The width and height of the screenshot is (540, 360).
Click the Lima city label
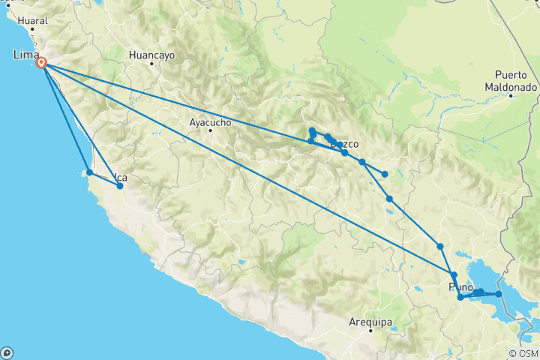pos(25,54)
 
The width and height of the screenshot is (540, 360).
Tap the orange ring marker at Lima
pos(43,64)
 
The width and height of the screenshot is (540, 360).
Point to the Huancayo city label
pos(151,55)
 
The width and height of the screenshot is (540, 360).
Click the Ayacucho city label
pos(209,121)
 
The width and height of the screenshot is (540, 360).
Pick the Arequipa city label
pos(370,322)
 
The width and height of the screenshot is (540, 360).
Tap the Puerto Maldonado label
pos(515,81)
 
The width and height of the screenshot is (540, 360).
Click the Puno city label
pos(460,287)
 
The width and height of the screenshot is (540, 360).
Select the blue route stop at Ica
pos(120,185)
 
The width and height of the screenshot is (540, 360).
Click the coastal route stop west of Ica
pos(89,172)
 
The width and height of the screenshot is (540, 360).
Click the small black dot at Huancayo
pos(151,64)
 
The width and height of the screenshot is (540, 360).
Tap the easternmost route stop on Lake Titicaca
pos(498,294)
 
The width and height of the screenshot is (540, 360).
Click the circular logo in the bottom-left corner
pos(7,352)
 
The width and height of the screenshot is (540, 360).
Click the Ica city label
pos(121,178)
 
